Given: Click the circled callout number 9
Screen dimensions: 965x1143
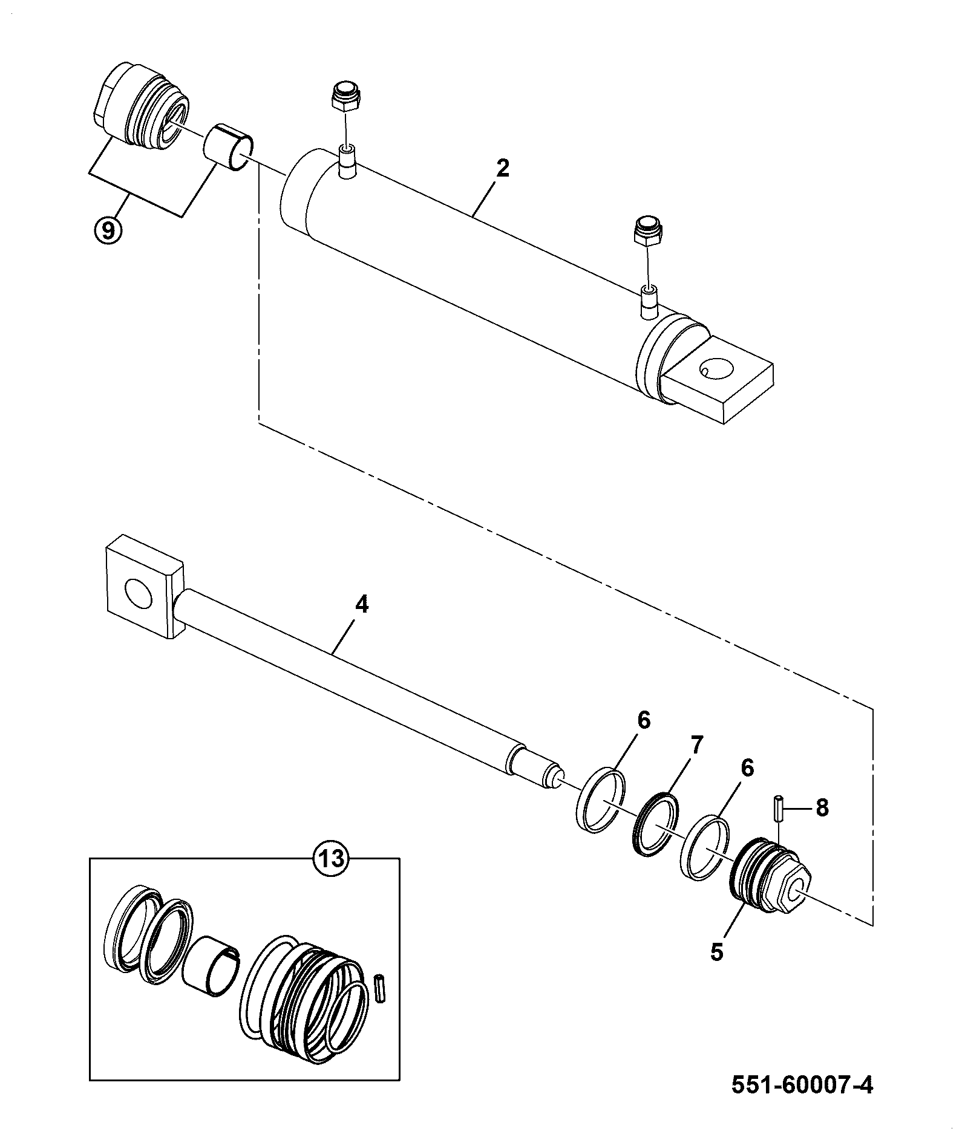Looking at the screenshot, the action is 108,230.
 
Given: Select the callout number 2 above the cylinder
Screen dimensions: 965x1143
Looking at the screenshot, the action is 502,168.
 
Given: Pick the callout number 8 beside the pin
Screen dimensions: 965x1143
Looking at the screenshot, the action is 822,807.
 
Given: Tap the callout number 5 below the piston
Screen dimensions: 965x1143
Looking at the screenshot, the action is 716,951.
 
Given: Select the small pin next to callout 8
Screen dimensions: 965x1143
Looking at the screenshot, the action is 777,808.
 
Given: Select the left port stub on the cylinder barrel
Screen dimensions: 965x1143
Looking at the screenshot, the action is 347,161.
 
